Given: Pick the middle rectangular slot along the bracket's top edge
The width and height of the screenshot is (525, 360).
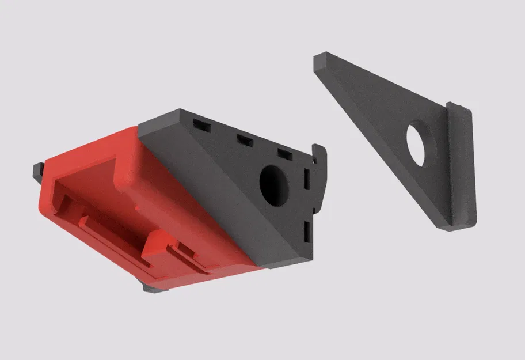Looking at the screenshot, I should click(244, 139).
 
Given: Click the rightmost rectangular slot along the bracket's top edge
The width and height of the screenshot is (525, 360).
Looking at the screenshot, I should click(285, 153).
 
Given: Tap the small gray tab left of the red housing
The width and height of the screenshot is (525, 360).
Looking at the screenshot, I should click(38, 169).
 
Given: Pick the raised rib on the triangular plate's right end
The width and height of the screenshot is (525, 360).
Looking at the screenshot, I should click(462, 167).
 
